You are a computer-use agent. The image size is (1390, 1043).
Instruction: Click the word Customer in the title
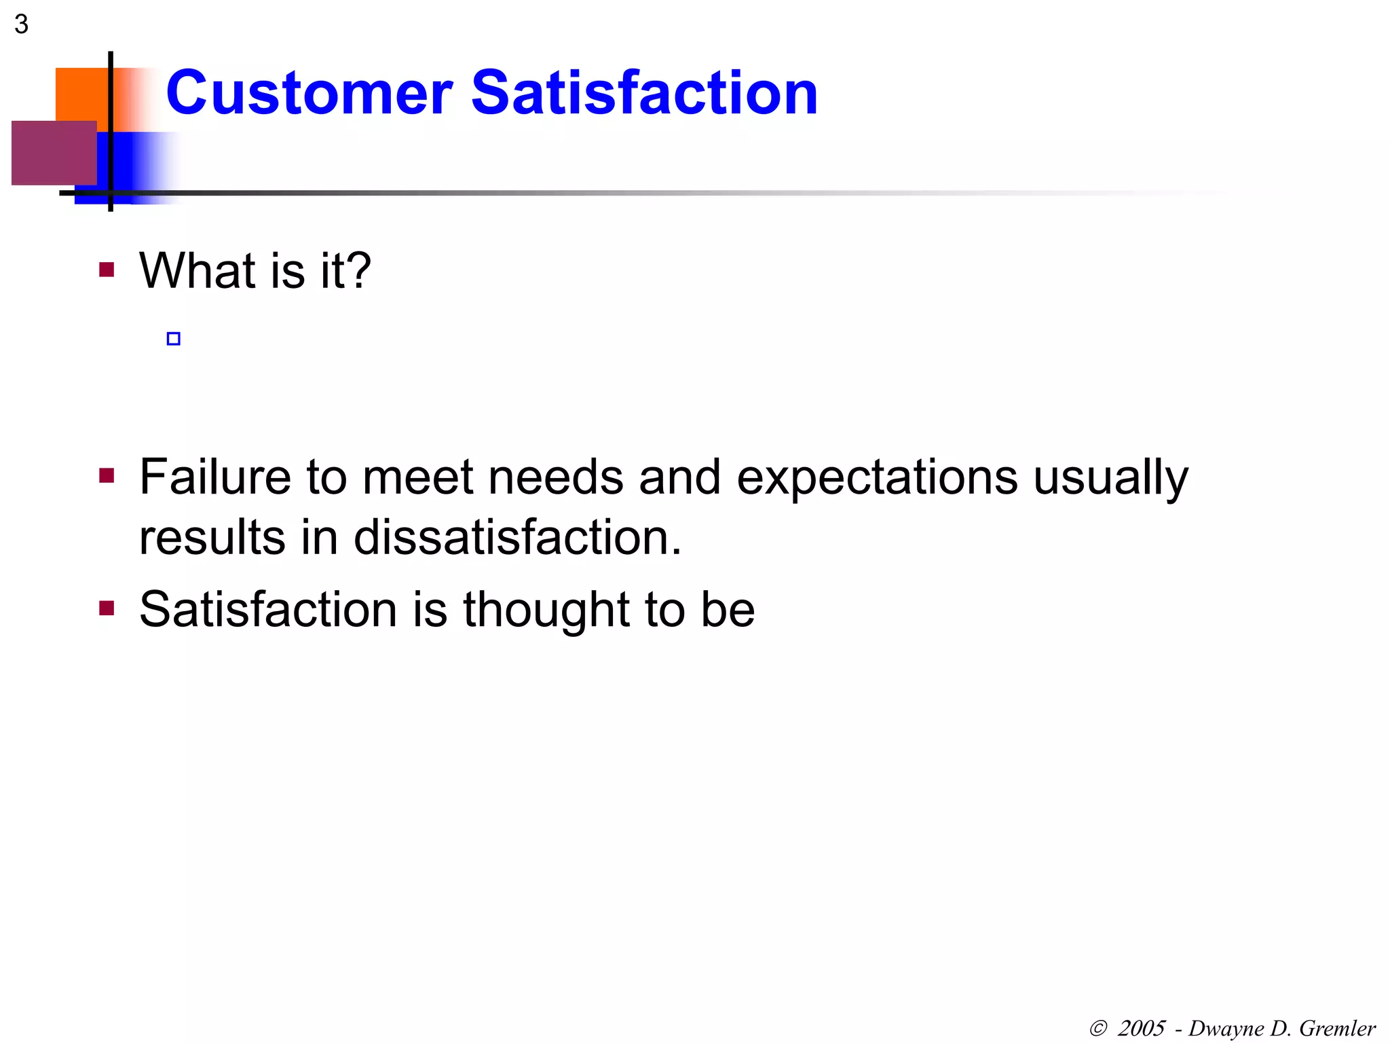309,93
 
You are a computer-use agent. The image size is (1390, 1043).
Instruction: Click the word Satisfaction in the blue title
644,93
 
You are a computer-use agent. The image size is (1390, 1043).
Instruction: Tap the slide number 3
21,24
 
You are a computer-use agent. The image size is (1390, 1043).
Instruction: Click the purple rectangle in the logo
53,153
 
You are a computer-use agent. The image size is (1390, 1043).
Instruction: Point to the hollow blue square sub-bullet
174,339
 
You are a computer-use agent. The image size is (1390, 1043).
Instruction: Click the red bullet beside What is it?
107,270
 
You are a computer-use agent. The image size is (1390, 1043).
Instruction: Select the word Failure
215,477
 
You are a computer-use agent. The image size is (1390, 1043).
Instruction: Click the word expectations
877,478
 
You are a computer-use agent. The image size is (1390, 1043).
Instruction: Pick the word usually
1110,478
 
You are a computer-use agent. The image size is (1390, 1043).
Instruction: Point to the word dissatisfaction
516,537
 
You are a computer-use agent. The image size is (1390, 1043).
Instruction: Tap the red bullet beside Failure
107,475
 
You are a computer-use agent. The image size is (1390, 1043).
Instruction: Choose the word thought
546,609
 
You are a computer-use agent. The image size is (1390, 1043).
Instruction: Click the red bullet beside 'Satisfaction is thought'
107,607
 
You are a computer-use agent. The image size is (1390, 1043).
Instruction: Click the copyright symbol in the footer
1098,1028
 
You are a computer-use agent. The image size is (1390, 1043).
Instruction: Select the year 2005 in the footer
1141,1028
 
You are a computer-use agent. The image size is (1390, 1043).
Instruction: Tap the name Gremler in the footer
1337,1028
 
